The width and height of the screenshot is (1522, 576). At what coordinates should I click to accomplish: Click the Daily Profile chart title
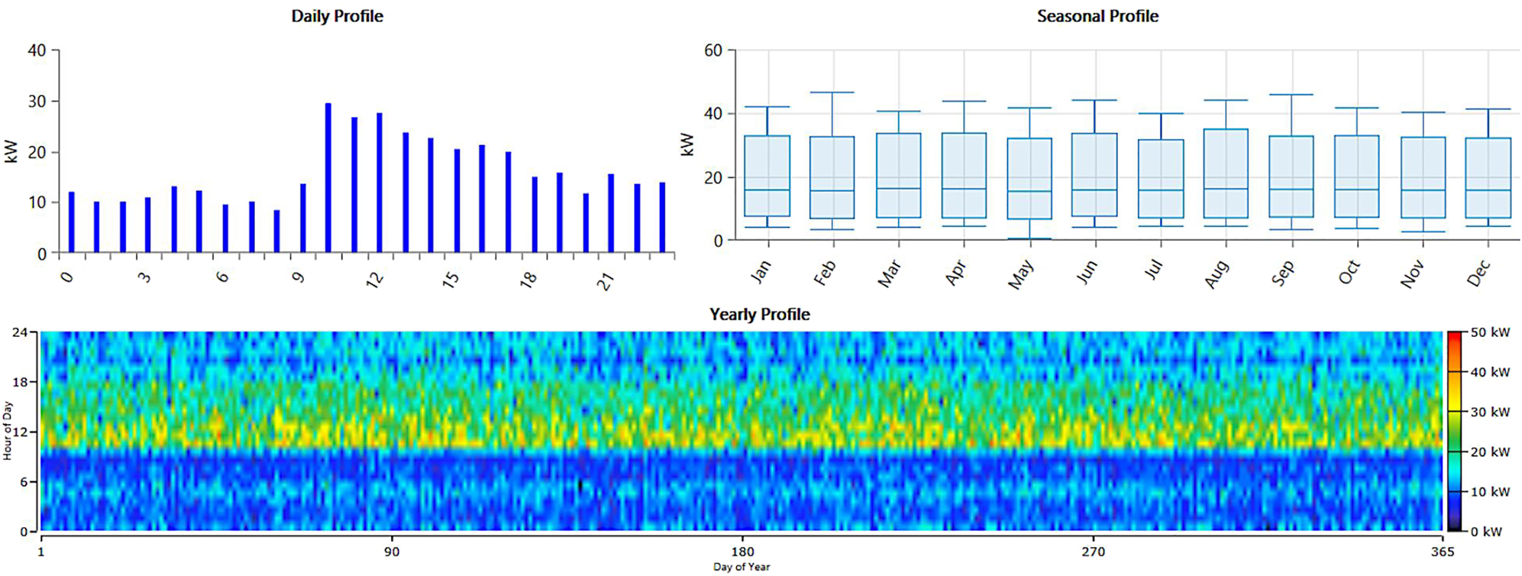[337, 16]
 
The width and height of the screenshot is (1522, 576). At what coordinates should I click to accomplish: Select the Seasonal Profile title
[1097, 16]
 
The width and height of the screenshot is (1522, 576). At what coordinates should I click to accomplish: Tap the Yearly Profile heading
[759, 314]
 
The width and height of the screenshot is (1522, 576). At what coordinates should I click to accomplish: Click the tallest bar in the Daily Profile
[328, 178]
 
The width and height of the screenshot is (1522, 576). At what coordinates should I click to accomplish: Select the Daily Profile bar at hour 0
[72, 222]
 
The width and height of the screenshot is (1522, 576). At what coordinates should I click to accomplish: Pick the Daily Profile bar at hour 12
[380, 183]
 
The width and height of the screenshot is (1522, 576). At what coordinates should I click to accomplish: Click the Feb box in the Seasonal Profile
[832, 177]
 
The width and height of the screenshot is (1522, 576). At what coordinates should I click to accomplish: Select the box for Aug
[1226, 173]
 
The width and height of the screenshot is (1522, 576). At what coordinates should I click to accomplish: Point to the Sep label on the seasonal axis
[1283, 273]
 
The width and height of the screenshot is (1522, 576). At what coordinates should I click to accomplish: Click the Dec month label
[1478, 273]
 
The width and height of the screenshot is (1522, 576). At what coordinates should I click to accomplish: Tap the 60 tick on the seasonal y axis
[713, 50]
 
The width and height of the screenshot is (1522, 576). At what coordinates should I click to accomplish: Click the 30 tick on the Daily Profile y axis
[37, 102]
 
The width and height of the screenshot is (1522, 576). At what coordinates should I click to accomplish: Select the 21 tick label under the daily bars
[606, 281]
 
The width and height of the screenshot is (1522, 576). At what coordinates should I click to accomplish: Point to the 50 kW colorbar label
[1490, 333]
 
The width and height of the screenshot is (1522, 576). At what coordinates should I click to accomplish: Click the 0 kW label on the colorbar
[1486, 531]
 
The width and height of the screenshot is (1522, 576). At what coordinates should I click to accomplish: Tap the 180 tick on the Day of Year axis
[742, 552]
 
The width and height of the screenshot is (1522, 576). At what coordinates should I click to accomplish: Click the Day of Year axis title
[742, 567]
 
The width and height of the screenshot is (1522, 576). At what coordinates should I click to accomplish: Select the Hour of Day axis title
[8, 431]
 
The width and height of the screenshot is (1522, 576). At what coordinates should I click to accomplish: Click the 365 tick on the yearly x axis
[1442, 552]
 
